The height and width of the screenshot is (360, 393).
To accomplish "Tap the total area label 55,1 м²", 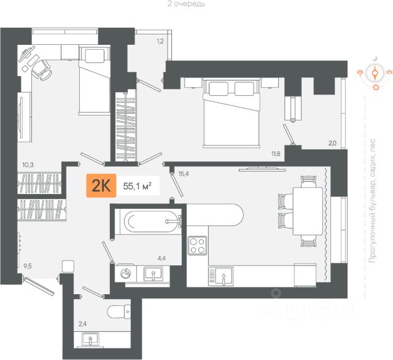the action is (x=138, y=185).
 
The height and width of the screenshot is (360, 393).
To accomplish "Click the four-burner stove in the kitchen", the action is (x=197, y=246).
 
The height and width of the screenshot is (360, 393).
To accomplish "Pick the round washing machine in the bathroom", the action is (x=126, y=274).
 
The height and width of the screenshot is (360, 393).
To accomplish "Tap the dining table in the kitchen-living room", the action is (x=305, y=209).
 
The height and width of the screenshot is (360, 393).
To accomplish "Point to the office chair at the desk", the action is (x=42, y=68).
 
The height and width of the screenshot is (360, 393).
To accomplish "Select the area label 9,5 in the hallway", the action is (x=28, y=266).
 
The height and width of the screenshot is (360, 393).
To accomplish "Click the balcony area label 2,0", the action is (x=332, y=144).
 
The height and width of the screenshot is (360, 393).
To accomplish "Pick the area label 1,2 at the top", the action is (x=160, y=41).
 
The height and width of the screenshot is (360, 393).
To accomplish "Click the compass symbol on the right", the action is (x=374, y=74).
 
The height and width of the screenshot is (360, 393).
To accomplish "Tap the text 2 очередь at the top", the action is (x=186, y=4).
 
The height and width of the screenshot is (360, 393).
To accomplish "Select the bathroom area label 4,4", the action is (x=162, y=259).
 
